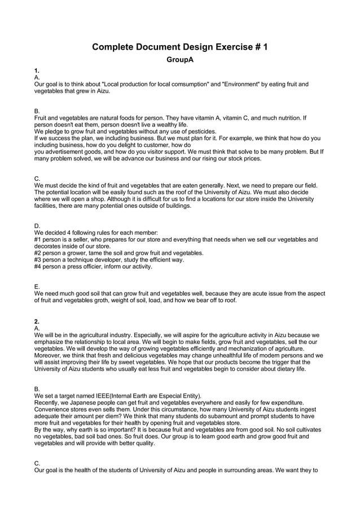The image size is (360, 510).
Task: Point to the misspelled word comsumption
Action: [x=192, y=84]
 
